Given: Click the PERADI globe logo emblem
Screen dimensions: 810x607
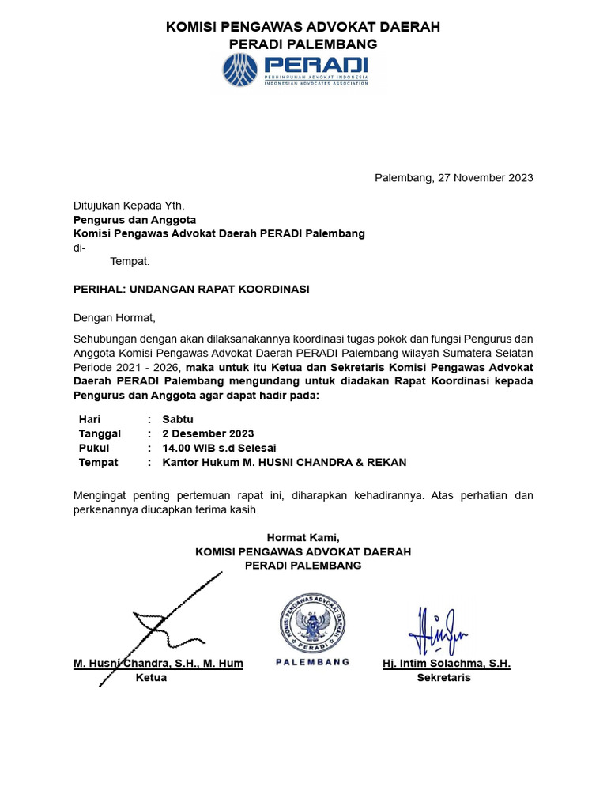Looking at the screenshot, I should pos(240,70).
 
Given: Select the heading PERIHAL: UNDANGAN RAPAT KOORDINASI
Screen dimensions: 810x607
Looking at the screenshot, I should pos(191,289).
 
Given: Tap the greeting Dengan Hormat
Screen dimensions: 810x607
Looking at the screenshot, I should pos(115,318).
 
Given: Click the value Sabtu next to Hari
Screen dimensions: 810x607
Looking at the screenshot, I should pos(178,419).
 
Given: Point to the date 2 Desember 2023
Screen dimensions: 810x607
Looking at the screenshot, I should pos(208,433).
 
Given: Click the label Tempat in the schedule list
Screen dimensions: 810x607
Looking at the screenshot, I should pos(98,462).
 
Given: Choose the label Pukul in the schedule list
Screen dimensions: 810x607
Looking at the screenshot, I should pos(94,448).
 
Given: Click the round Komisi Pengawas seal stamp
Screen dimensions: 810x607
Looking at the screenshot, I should pos(312,620).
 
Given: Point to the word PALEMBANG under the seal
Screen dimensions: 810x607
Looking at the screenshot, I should pos(312,662).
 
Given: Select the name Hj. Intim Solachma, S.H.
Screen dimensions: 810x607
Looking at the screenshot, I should pos(447,663).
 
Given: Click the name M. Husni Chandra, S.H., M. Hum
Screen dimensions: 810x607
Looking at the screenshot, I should pos(158,663).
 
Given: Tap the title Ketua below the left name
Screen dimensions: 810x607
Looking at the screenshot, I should pos(151,678).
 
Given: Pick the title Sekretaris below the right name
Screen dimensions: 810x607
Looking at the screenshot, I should pos(443,678).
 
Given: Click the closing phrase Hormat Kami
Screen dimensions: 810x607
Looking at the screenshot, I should pos(303,537).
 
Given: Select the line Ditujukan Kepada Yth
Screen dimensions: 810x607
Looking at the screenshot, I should pos(128,205).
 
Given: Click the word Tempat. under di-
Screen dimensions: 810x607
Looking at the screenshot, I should pos(130,261).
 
